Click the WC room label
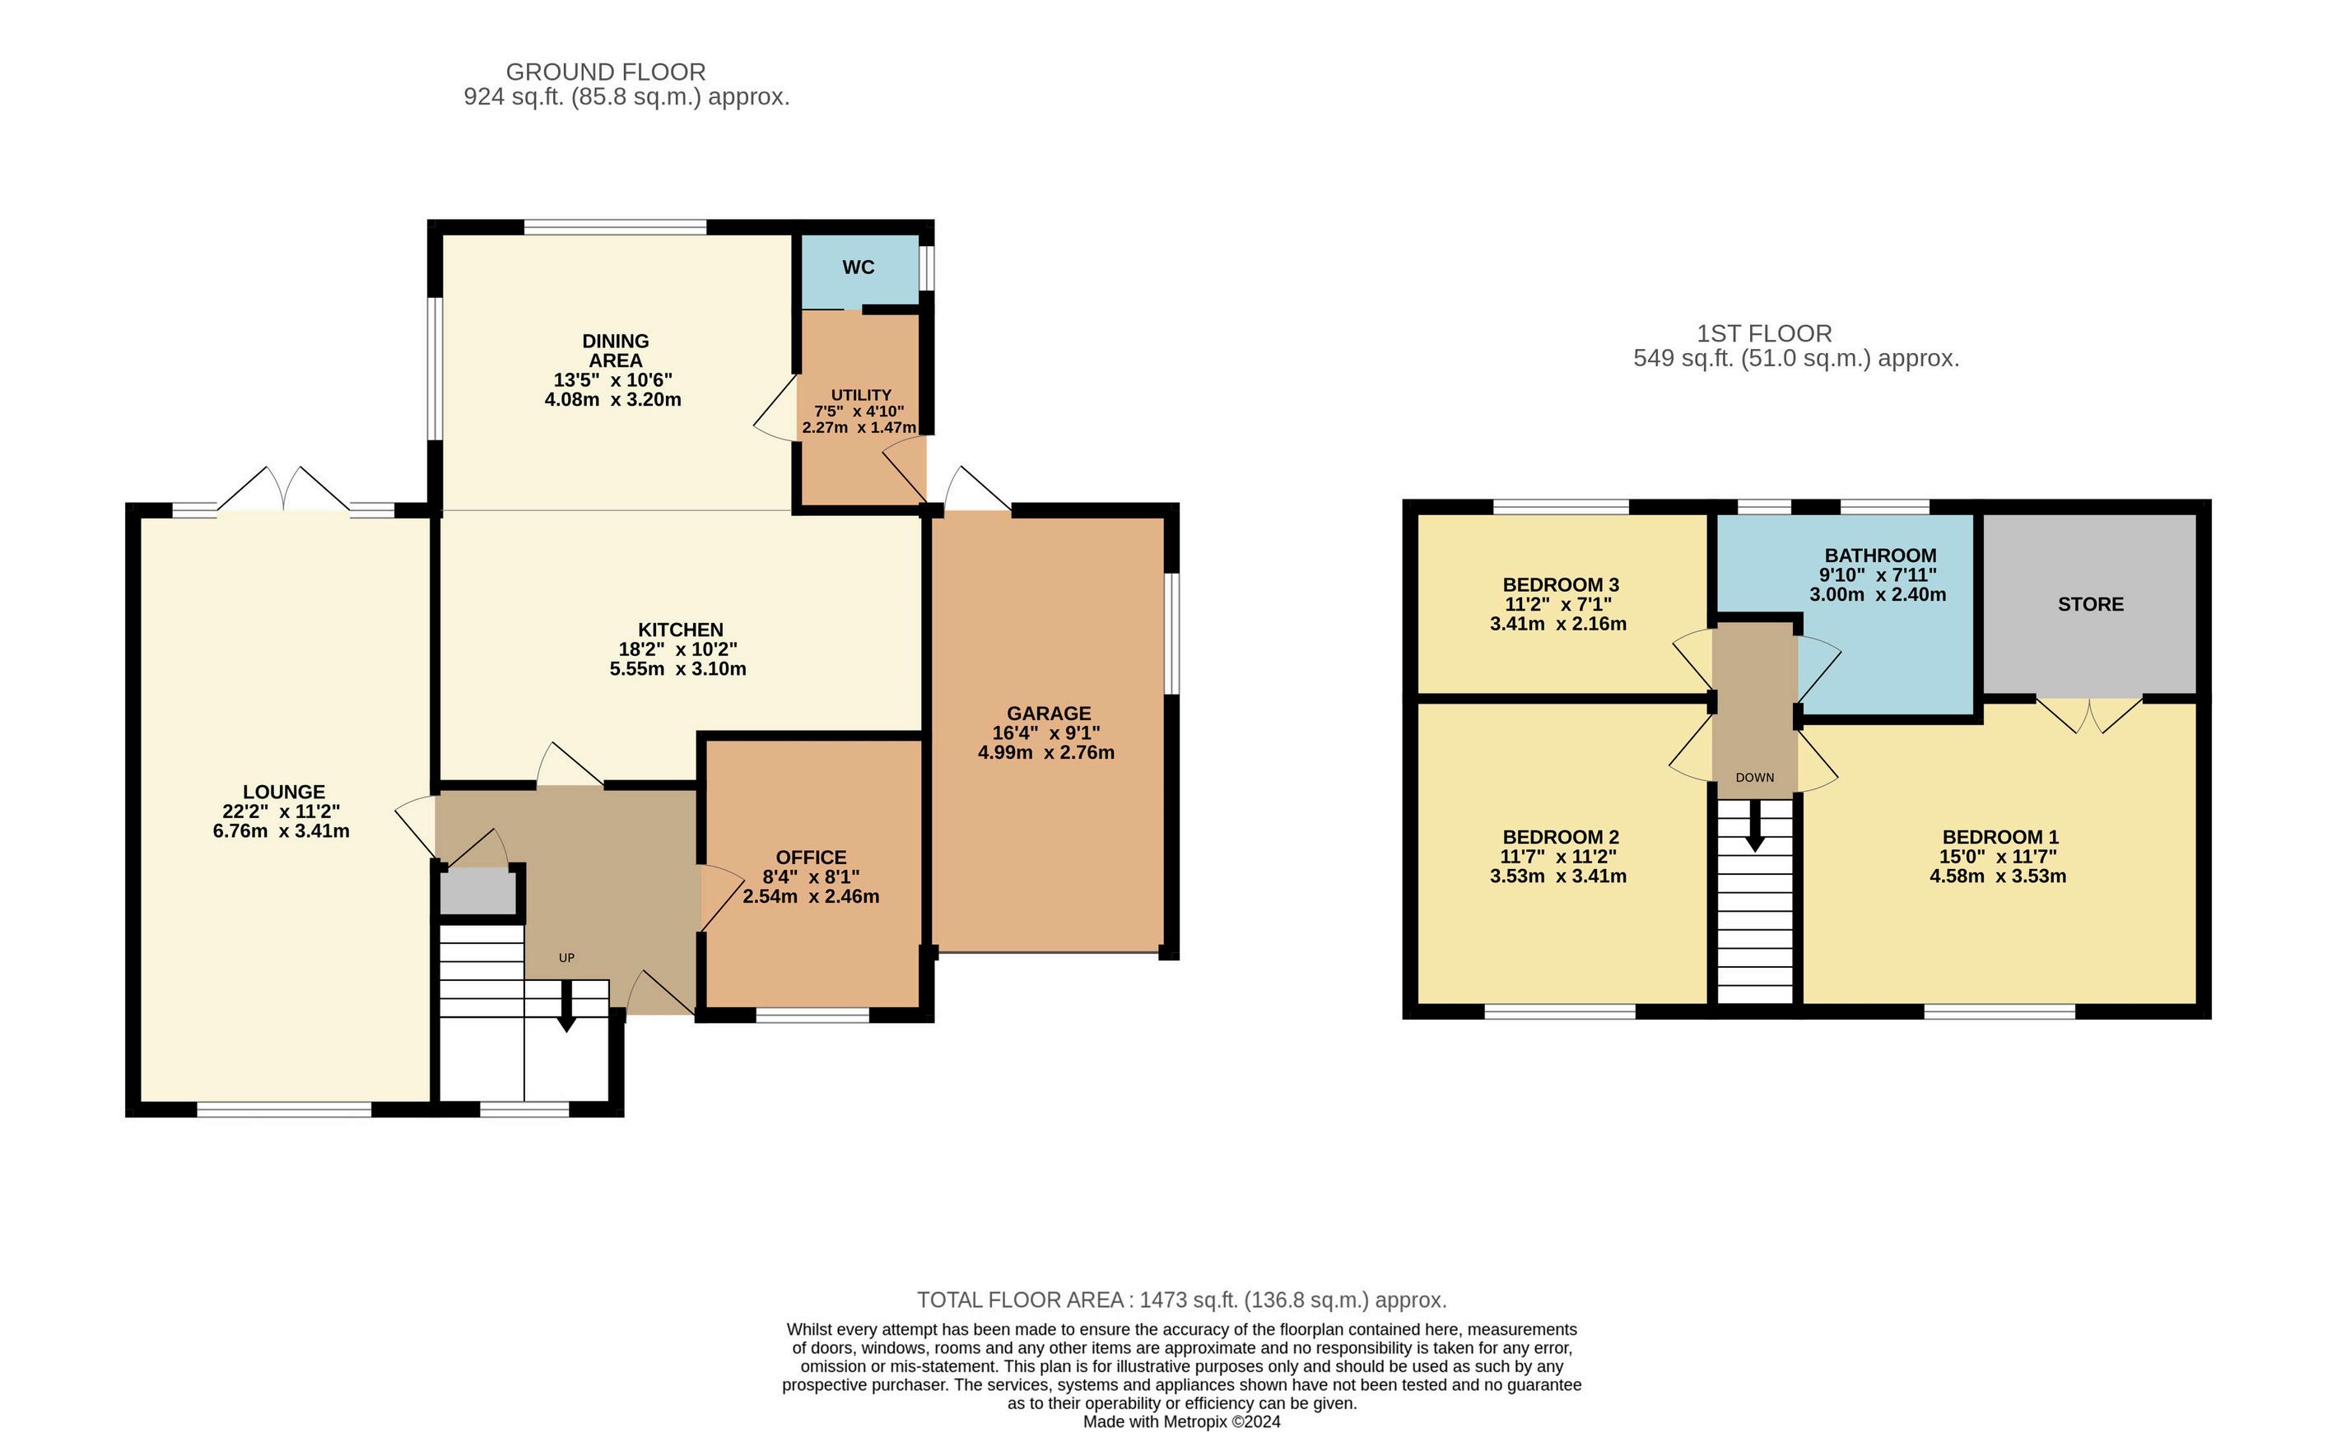(x=859, y=267)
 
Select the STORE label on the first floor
(x=2090, y=604)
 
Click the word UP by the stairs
(x=566, y=958)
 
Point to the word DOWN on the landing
(x=1755, y=778)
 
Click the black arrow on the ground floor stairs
(x=566, y=1005)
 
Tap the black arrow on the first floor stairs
(x=1755, y=825)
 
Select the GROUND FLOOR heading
(x=605, y=72)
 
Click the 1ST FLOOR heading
(x=1764, y=334)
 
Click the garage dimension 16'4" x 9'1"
(x=1046, y=733)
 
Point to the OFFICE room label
(x=811, y=858)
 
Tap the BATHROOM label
(x=1881, y=556)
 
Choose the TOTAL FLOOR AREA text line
(x=1182, y=1300)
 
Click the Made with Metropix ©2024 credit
(x=1182, y=1421)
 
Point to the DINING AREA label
(x=616, y=351)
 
